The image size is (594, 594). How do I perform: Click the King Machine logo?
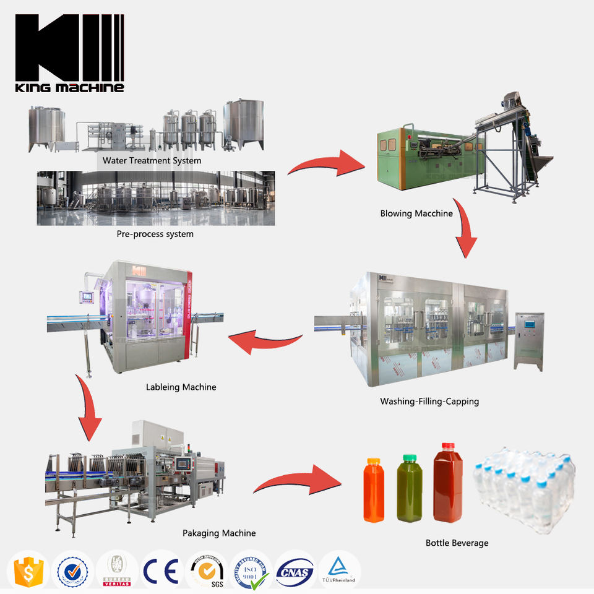point(69,53)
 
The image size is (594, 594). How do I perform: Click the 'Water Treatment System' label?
point(152,161)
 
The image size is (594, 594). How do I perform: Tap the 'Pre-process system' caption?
point(155,234)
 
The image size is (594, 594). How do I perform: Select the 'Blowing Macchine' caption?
point(416,213)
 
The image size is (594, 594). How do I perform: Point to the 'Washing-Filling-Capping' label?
point(429,401)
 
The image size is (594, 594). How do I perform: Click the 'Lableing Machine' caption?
point(181,387)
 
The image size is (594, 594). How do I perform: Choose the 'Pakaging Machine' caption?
point(218,533)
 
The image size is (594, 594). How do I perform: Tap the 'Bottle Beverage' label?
point(457,543)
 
